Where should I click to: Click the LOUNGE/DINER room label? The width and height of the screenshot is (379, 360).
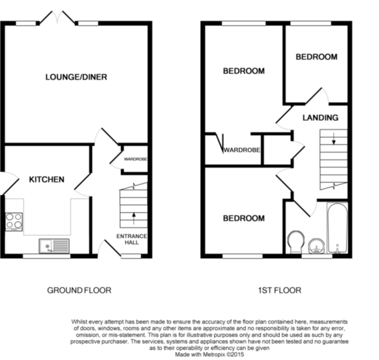pos(76,77)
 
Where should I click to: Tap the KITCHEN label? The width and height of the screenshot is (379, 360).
pos(47,179)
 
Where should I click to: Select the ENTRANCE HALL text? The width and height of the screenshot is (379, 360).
pos(132,239)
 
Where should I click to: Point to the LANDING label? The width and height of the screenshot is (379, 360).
pos(320,117)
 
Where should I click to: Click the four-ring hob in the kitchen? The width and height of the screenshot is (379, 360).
pos(14,222)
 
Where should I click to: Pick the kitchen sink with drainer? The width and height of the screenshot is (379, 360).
pos(54,246)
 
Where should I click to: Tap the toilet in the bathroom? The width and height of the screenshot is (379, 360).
pos(296,242)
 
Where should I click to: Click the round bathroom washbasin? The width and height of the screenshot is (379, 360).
pos(316,246)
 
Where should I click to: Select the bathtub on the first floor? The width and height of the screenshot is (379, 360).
pos(338,228)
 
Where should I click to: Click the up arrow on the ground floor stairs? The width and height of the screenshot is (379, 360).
pos(134,219)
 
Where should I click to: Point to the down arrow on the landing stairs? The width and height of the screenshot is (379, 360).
pos(334,138)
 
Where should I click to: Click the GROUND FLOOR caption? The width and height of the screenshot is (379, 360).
pos(79,291)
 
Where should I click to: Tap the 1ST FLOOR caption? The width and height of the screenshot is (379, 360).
pos(280,291)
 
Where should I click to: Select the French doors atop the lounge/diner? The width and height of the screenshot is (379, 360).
pos(57,18)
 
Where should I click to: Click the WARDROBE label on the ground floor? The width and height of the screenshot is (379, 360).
pos(136,159)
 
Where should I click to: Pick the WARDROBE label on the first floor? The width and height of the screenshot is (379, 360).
pos(242,150)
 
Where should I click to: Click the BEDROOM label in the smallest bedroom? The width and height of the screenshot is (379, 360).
pos(316,57)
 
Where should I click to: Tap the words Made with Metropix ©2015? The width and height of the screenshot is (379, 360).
pos(209,354)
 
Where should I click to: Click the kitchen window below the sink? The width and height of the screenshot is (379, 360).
pos(47,256)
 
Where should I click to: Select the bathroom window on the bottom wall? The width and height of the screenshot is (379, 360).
pos(317,256)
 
